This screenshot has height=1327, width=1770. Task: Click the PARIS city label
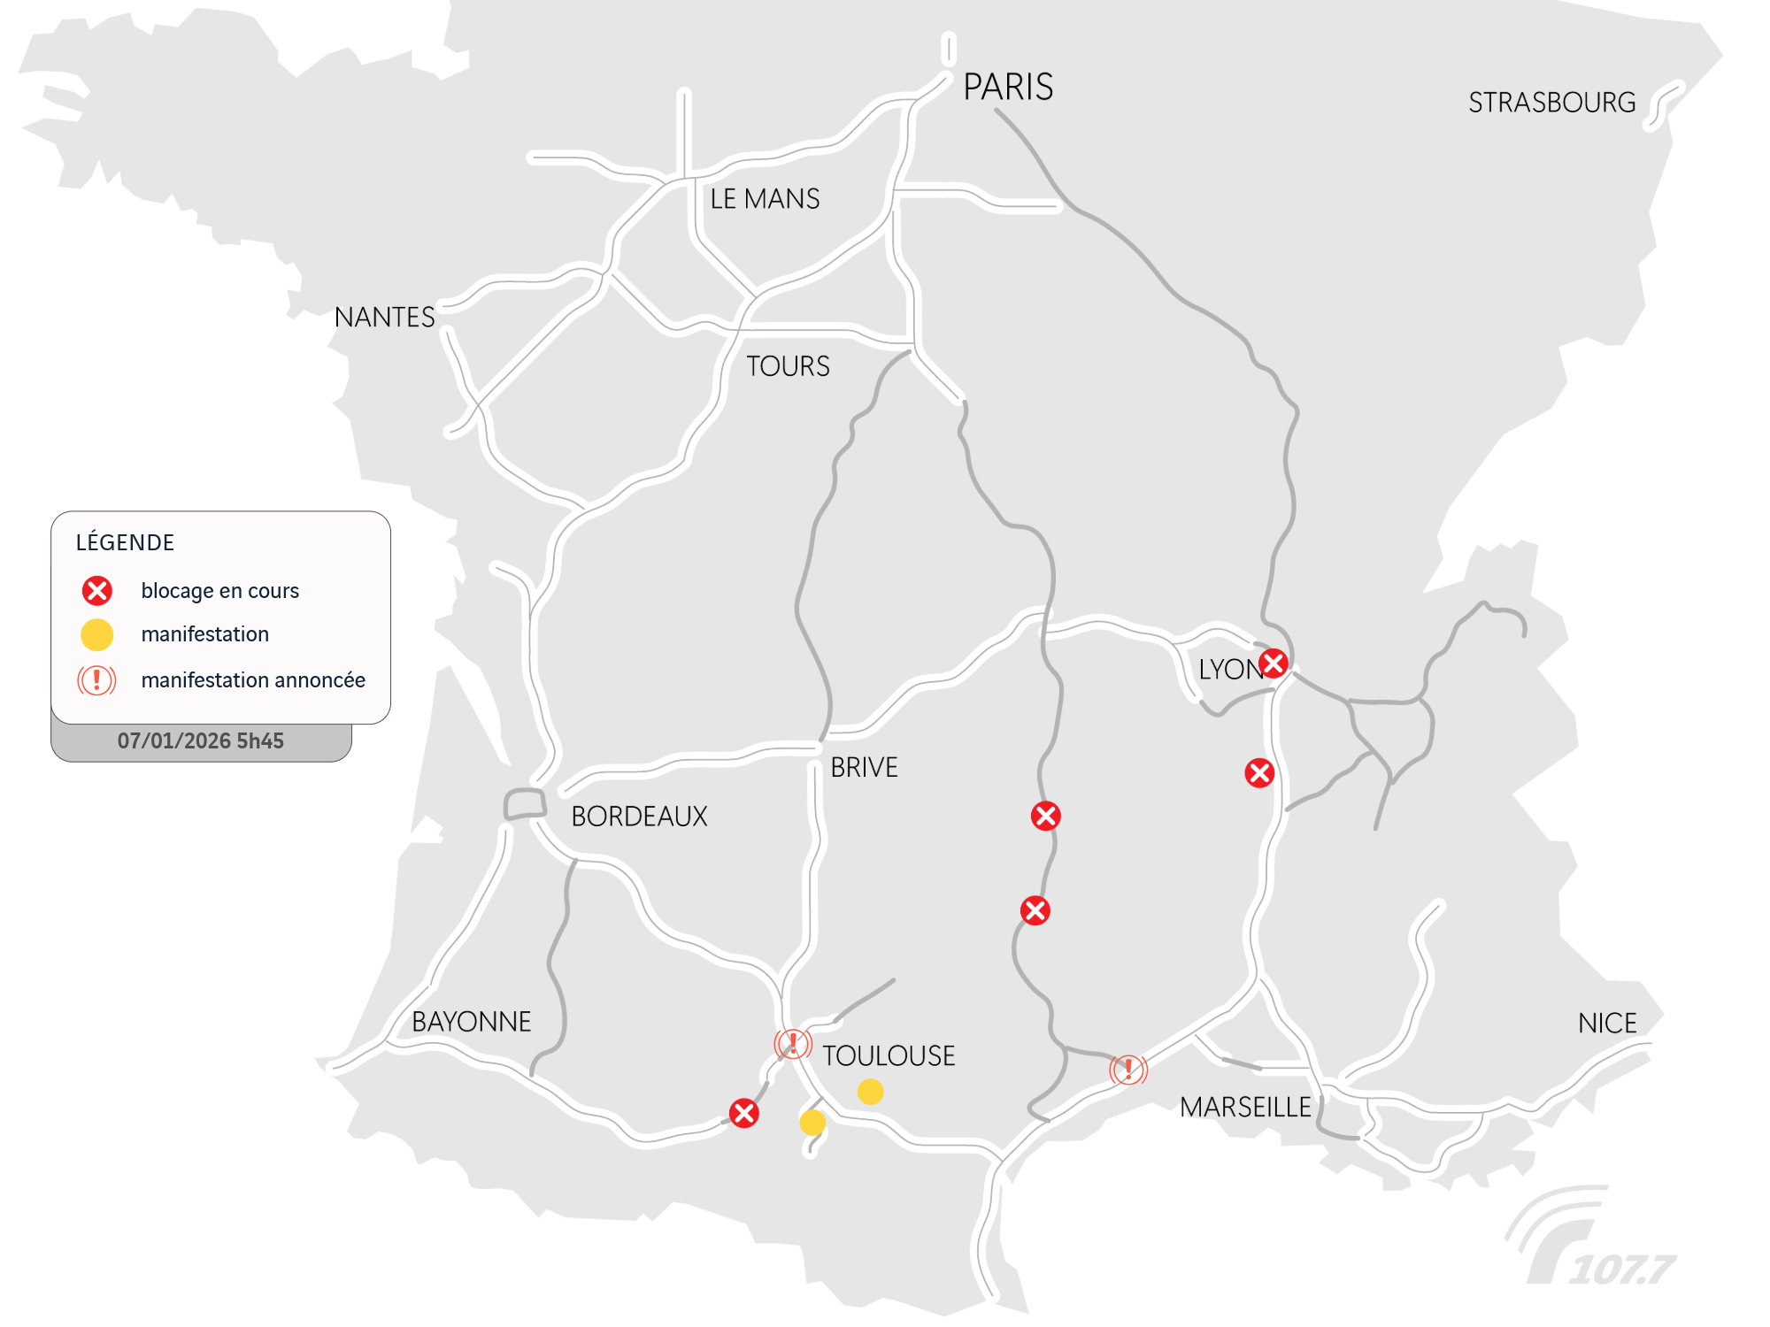tap(1008, 87)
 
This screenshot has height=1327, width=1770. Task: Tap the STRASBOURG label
tap(1551, 103)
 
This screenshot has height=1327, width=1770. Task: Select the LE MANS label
tap(765, 199)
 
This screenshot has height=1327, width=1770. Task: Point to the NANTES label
tap(384, 317)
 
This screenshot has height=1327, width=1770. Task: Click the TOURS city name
tap(788, 366)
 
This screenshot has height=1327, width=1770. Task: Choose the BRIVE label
tap(864, 767)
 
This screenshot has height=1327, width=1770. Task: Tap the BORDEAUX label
tap(639, 816)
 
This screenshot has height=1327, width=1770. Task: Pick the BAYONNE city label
tap(471, 1022)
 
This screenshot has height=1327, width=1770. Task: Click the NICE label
tap(1607, 1024)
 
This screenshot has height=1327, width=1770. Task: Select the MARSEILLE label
tap(1245, 1107)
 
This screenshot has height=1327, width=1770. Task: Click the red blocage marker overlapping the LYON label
tap(1273, 663)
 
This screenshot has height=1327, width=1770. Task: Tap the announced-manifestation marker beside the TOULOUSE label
tap(793, 1043)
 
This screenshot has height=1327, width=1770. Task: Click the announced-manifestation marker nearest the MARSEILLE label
tap(1128, 1069)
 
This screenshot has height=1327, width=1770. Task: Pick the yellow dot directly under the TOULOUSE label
tap(871, 1092)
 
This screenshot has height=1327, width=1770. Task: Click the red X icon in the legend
tap(97, 590)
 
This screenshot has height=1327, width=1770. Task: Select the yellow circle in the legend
tap(97, 634)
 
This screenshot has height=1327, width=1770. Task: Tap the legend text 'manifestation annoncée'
tap(253, 680)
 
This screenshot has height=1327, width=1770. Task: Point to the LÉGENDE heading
tap(125, 542)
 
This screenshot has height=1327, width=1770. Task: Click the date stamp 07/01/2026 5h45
tap(201, 741)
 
